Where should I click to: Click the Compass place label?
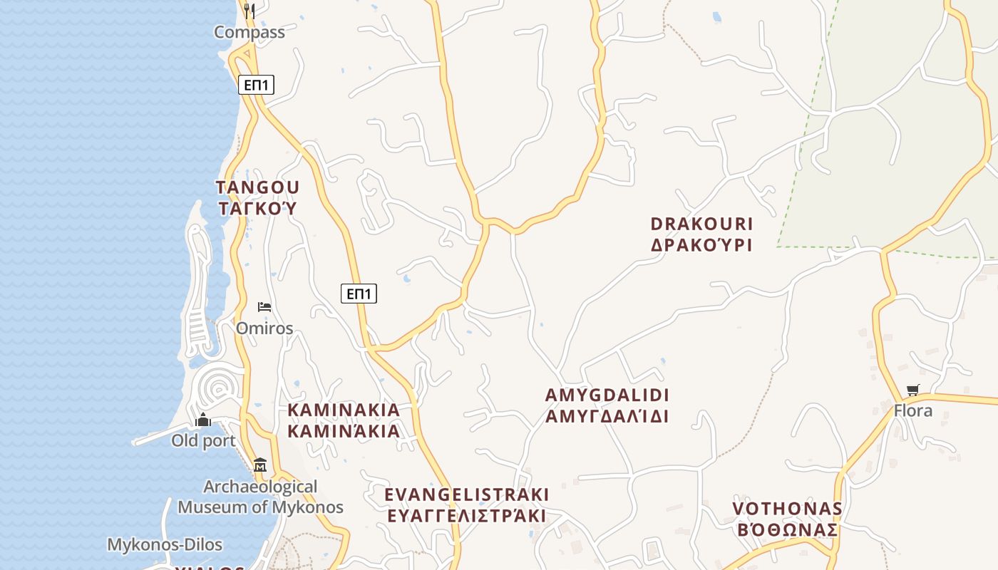pos(249,32)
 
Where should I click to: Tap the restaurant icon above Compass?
pos(249,10)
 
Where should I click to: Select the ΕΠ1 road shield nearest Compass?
pos(256,85)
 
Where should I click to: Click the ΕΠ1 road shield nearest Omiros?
pos(359,294)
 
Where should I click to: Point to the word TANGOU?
pos(257,187)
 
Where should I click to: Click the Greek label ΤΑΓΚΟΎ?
pos(257,209)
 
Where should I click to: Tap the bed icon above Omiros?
pos(264,307)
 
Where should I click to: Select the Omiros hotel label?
pos(264,328)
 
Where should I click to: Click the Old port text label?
pos(203,440)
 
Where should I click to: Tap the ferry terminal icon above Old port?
pos(203,420)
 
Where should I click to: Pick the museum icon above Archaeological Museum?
pos(260,465)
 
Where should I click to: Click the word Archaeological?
pos(260,487)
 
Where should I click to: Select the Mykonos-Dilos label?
pos(165,545)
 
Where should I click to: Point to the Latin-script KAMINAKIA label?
pos(344,410)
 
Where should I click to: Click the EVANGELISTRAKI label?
pos(467,494)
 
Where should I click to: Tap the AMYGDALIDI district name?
pos(607,395)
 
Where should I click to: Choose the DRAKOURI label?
pos(701,224)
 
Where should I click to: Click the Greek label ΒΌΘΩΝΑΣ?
pos(787,530)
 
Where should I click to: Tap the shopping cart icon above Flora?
pos(913,390)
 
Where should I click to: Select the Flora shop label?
pos(913,411)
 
